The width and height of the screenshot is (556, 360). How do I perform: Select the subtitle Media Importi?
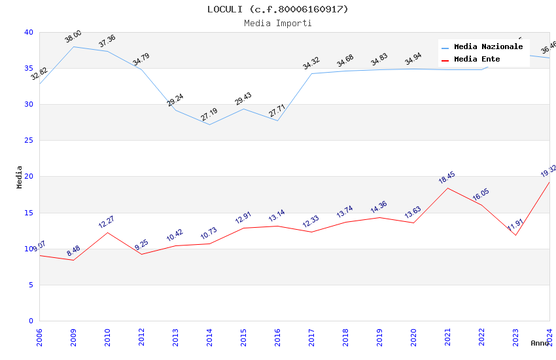click(277, 23)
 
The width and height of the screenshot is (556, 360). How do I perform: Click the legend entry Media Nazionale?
click(488, 46)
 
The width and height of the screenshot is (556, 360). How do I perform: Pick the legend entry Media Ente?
click(477, 59)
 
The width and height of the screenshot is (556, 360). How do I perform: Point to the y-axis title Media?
click(20, 177)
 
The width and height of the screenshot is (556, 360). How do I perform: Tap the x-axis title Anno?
click(540, 343)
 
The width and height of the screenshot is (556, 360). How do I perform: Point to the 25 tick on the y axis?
click(29, 141)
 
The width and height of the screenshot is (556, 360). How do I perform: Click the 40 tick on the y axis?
click(29, 32)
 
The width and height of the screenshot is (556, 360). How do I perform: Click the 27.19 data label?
click(209, 115)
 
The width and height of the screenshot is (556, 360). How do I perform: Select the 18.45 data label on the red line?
click(447, 178)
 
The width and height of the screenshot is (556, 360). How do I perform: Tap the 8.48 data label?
click(73, 251)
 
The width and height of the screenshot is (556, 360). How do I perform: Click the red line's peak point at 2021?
click(447, 188)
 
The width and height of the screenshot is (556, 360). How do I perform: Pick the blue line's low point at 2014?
click(209, 124)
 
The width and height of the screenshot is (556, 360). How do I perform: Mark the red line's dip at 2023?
click(515, 235)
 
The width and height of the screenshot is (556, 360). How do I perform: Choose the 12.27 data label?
click(107, 223)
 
